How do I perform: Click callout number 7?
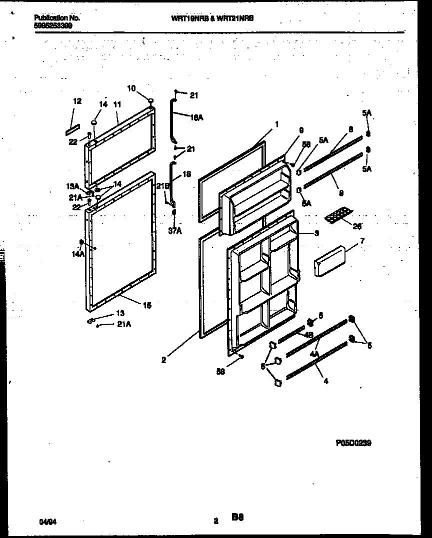coord(362,241)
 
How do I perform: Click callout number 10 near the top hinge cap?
coord(131,88)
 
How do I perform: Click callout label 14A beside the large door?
coord(78,254)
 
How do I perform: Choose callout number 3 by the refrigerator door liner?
coord(316,233)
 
